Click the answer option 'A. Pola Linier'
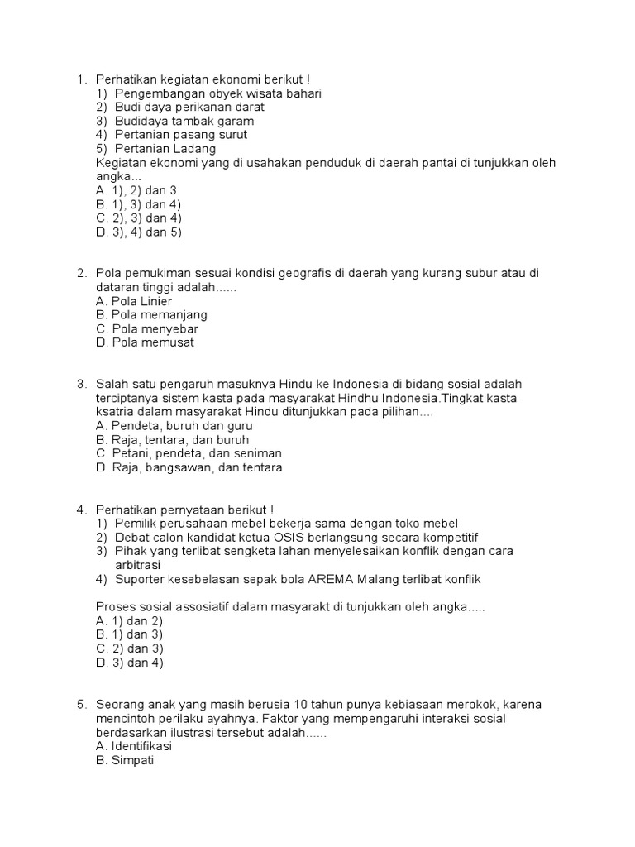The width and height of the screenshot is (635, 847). tap(134, 301)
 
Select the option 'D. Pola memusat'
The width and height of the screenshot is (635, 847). tap(145, 342)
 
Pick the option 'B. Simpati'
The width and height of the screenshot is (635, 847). tap(125, 759)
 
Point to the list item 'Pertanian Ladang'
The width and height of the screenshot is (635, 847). tap(165, 149)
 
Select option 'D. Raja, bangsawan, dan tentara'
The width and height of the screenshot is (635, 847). tap(189, 467)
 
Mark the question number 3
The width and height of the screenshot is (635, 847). tap(82, 385)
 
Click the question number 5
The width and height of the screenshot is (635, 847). tap(82, 704)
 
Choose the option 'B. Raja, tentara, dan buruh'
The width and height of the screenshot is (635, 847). tap(172, 440)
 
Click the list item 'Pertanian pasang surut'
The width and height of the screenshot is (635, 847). tap(181, 135)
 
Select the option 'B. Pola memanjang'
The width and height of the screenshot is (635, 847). tap(151, 315)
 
